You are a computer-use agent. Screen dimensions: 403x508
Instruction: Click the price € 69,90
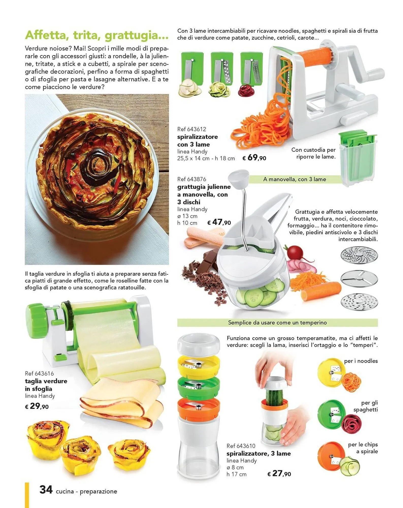(254, 158)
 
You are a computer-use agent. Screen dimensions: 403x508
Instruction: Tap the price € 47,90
(219, 222)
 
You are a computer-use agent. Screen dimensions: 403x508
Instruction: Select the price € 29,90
(37, 406)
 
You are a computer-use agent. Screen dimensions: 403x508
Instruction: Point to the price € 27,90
(279, 473)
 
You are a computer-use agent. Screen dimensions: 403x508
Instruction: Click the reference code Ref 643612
(192, 129)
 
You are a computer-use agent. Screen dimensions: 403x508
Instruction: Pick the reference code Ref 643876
(192, 179)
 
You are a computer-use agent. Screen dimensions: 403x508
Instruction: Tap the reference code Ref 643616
(39, 373)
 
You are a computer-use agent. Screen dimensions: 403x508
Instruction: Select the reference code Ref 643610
(241, 446)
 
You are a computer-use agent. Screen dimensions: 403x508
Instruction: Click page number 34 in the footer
(46, 489)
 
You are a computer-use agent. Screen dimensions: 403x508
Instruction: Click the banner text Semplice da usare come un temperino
(277, 323)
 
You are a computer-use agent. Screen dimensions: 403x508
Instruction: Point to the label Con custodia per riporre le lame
(313, 153)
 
